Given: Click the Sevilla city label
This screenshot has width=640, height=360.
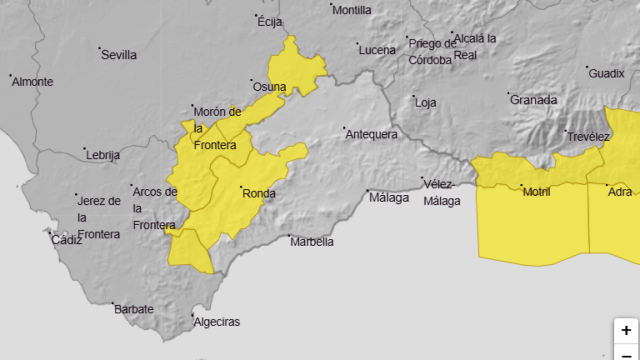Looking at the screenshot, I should pos(119,55).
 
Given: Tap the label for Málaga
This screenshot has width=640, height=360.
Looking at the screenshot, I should pos(389,197).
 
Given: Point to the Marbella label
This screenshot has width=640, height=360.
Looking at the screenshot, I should pos(311,241).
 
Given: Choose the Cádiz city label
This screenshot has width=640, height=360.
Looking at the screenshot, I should pos(67,240).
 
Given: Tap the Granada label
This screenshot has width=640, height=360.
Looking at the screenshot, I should pos(533,99).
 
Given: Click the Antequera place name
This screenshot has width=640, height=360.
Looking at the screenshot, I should pos(371,134).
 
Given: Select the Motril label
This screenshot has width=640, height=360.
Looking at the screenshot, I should pos(537,191).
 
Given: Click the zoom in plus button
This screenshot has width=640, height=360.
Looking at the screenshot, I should pos(626,330).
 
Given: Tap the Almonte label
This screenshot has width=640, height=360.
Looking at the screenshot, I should pos(32,81).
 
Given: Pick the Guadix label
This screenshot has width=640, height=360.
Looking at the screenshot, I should pos(606,73).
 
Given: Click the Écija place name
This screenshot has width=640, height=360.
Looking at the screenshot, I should pos(271,20).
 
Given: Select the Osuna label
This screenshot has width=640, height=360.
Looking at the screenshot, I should pos(270,87).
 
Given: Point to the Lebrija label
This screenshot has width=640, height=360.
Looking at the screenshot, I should pos(103,155).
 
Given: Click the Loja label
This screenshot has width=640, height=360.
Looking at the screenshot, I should pos(426,102).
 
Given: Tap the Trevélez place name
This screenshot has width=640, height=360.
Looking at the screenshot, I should pos(588,137).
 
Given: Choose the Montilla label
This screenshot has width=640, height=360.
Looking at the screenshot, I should pos(351,10).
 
